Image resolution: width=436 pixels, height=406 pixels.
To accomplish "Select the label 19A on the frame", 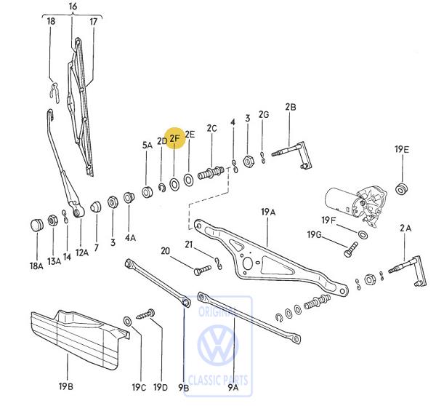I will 268,212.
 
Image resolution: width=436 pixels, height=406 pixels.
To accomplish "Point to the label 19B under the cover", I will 65,386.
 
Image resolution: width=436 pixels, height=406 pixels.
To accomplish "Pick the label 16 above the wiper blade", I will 72,7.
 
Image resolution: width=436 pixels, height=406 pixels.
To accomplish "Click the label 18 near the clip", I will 51,22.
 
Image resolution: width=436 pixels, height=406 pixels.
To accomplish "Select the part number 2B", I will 290,107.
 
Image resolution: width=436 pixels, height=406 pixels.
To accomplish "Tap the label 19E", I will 402,149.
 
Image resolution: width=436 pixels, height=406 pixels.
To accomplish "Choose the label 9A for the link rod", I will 233,389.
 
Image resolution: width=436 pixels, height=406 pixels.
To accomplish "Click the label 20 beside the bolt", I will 165,251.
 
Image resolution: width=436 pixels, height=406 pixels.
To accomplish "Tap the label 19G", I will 314,234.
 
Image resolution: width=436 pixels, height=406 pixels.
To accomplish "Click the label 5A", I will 148,145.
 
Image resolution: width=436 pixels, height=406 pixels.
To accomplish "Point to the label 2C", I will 211,128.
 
